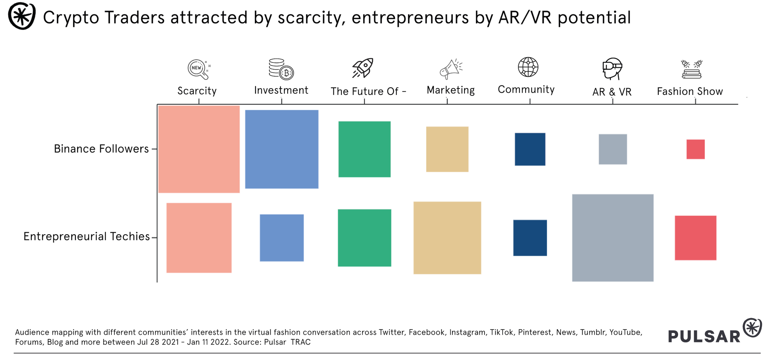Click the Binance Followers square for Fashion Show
(695, 149)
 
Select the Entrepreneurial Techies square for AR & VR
(613, 238)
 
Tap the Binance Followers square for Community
(530, 149)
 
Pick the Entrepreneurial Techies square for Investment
(282, 238)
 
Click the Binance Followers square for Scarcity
(199, 149)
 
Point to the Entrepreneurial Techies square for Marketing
(447, 238)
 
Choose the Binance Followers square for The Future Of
(364, 149)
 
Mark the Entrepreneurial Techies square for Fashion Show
(695, 238)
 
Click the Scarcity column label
(197, 91)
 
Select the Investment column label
(281, 90)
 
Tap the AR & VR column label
(612, 92)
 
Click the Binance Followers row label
(101, 149)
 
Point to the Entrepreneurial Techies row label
(87, 236)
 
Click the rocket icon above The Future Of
(363, 68)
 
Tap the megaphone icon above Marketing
(451, 69)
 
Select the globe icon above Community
(528, 67)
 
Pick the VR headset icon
(612, 68)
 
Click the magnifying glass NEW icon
(198, 69)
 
